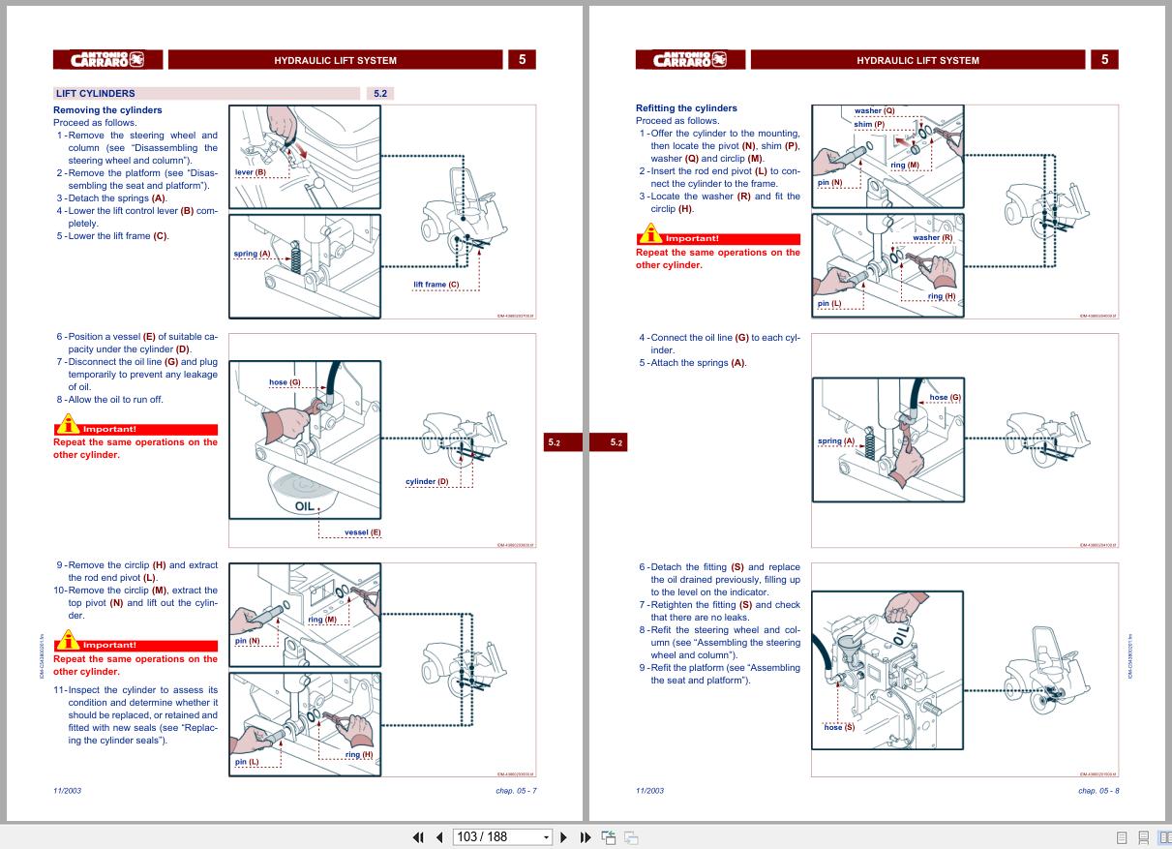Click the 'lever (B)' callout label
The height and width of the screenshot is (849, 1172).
click(x=250, y=172)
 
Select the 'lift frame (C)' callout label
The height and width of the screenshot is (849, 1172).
click(x=436, y=285)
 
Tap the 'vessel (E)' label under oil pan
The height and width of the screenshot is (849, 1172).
click(x=363, y=532)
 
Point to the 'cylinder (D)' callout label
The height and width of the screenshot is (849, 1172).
click(x=427, y=481)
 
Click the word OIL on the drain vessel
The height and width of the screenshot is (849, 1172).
click(x=305, y=505)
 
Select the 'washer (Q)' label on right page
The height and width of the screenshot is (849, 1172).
click(x=874, y=111)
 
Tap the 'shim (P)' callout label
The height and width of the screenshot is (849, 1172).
click(x=869, y=124)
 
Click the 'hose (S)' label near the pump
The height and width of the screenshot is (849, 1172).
click(x=839, y=727)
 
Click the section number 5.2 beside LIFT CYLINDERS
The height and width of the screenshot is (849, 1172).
click(x=380, y=94)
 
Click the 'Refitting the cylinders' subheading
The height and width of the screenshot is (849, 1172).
click(x=686, y=108)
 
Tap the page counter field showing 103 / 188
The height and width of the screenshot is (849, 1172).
click(x=496, y=836)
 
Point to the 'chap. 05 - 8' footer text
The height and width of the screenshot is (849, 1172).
click(x=1098, y=791)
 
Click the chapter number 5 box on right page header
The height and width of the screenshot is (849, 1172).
click(x=1104, y=60)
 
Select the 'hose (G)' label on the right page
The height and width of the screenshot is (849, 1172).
click(x=945, y=398)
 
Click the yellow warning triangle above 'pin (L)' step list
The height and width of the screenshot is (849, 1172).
click(x=67, y=641)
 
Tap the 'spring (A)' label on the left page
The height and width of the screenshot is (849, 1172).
click(x=252, y=254)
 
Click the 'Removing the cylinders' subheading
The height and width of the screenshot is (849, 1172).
click(x=107, y=110)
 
